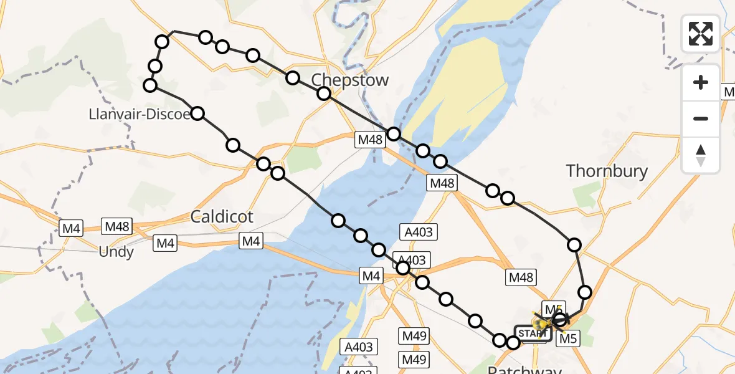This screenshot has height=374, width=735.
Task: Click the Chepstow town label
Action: tap(349, 80)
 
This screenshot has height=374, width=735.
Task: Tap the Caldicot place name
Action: tap(222, 217)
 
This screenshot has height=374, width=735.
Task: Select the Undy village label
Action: tap(116, 252)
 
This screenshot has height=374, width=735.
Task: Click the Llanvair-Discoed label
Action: tap(139, 114)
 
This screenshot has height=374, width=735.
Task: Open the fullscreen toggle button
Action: tap(701, 34)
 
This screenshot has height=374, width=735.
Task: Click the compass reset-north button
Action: tap(701, 155)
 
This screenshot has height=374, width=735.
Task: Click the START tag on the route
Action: tap(532, 334)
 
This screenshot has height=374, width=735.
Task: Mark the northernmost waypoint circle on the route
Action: tap(206, 37)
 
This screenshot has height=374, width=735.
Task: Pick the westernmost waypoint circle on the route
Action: tap(150, 85)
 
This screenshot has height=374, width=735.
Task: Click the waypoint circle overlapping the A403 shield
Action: tap(403, 268)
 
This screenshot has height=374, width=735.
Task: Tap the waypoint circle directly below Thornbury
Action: tap(574, 244)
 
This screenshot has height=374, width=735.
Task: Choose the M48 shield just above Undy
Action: tap(116, 227)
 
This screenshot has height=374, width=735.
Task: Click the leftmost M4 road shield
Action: tap(71, 229)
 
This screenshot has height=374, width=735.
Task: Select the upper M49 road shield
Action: tap(414, 337)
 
